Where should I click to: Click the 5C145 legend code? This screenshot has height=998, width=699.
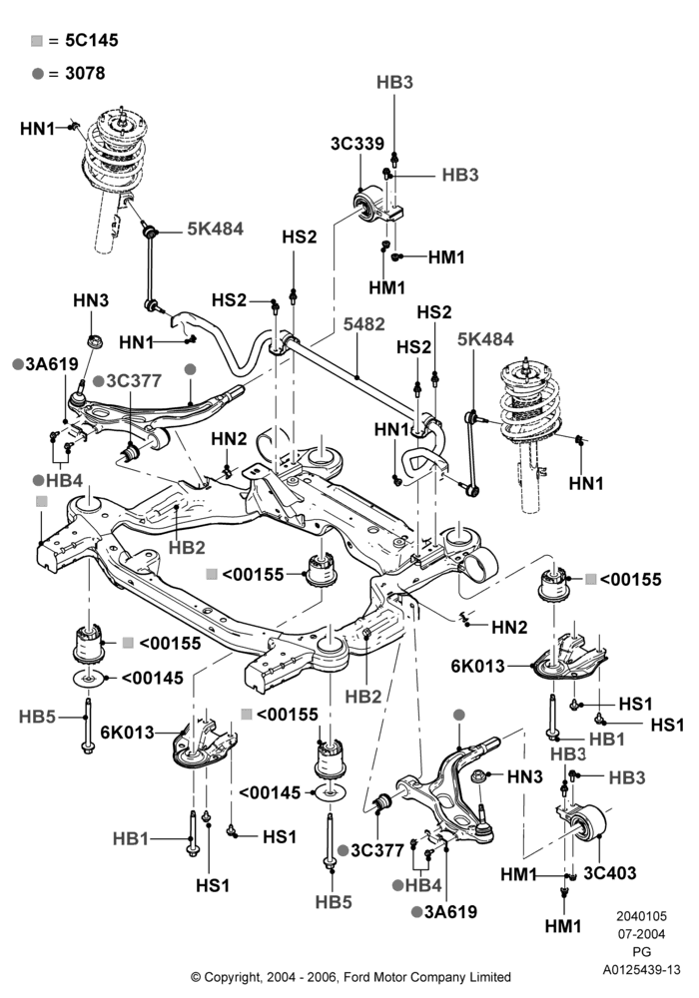pyautogui.click(x=92, y=40)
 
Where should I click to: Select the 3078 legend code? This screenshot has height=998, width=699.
pyautogui.click(x=85, y=73)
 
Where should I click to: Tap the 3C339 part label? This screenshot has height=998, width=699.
pyautogui.click(x=357, y=144)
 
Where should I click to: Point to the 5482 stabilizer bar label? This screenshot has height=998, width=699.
pyautogui.click(x=364, y=324)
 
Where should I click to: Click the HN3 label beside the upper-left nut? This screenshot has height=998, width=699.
pyautogui.click(x=91, y=300)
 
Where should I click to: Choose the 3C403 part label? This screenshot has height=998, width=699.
pyautogui.click(x=610, y=872)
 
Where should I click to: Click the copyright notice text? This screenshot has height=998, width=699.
pyautogui.click(x=350, y=976)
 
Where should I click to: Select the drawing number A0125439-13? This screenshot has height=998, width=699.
pyautogui.click(x=642, y=970)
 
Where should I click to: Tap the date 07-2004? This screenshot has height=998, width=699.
pyautogui.click(x=642, y=934)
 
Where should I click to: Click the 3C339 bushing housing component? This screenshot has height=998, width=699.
pyautogui.click(x=377, y=204)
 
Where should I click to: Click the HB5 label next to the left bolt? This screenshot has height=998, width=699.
pyautogui.click(x=38, y=717)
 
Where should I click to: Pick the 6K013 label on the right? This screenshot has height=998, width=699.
pyautogui.click(x=477, y=666)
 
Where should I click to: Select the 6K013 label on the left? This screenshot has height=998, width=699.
pyautogui.click(x=128, y=732)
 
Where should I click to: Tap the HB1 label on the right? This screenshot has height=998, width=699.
pyautogui.click(x=607, y=739)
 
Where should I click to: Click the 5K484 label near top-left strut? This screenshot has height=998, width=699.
pyautogui.click(x=215, y=229)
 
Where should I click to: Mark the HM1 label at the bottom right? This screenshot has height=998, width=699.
pyautogui.click(x=563, y=926)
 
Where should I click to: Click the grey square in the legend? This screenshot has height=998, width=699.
pyautogui.click(x=37, y=41)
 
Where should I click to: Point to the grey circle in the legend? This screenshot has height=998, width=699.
pyautogui.click(x=38, y=74)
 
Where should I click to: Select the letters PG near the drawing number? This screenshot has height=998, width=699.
pyautogui.click(x=642, y=952)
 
